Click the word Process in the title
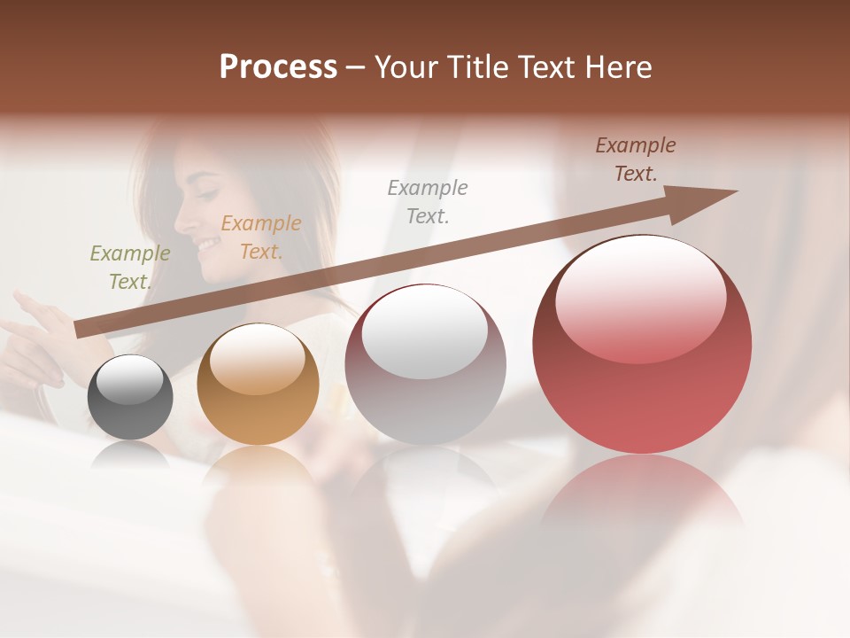point(278,66)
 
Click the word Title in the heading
point(476,66)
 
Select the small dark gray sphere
point(130,397)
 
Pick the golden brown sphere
point(258,384)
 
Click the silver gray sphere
point(425,364)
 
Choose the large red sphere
point(642,345)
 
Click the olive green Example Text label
point(130,267)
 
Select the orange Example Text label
point(260,237)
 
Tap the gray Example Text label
point(428,201)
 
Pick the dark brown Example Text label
point(635,159)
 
